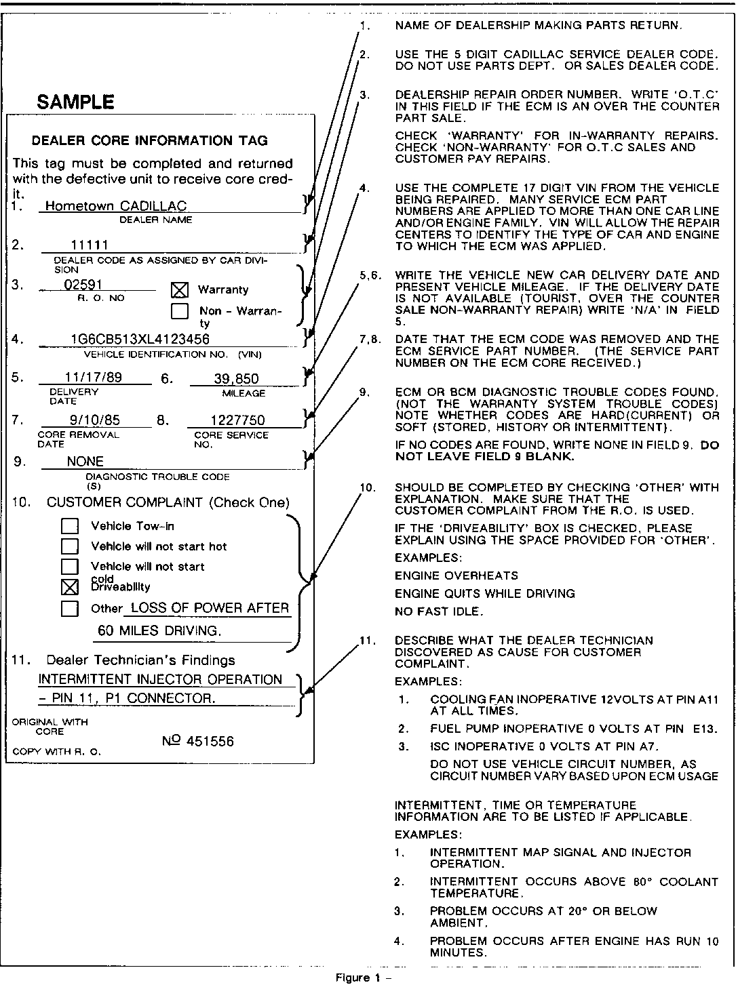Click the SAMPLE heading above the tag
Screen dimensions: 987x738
tap(75, 102)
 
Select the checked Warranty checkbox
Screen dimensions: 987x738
tap(180, 290)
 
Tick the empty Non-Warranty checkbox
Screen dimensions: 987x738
tap(180, 311)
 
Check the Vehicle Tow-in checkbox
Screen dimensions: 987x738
tap(70, 526)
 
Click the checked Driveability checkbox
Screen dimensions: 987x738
tap(70, 587)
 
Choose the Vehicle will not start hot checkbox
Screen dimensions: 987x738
tap(70, 546)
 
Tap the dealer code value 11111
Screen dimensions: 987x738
tap(90, 245)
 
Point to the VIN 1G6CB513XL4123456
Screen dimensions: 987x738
tap(140, 339)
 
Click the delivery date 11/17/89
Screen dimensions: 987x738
tap(94, 378)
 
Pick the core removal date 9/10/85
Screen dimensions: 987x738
tap(94, 420)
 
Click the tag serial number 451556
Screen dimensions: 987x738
tap(198, 742)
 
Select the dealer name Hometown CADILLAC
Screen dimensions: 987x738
tap(115, 206)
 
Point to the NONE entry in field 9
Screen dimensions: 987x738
tap(85, 462)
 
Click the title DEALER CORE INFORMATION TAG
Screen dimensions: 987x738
tap(150, 141)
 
